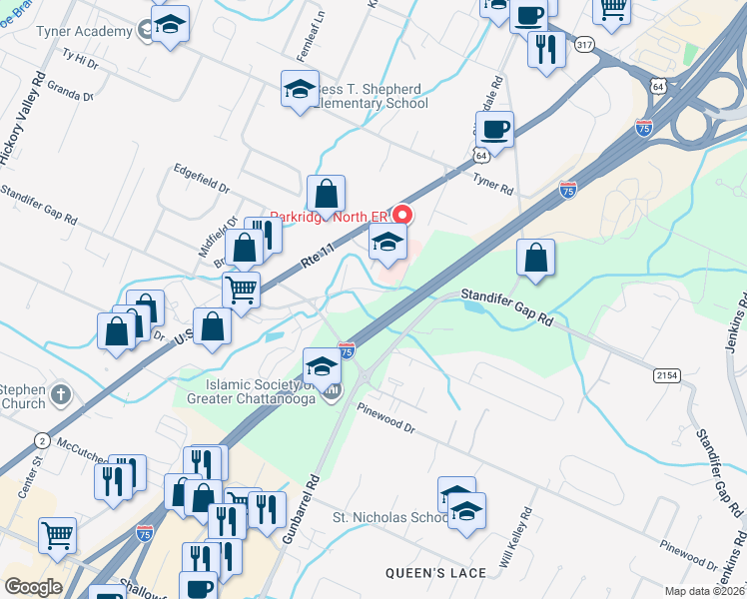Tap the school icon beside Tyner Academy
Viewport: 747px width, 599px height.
pyautogui.click(x=170, y=26)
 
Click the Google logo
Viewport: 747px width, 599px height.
pyautogui.click(x=33, y=587)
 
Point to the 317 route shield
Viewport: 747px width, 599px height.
pyautogui.click(x=584, y=44)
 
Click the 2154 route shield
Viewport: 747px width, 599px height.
pyautogui.click(x=668, y=374)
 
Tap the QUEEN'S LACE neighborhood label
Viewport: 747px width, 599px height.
pyautogui.click(x=435, y=573)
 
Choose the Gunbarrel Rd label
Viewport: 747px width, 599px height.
pyautogui.click(x=301, y=510)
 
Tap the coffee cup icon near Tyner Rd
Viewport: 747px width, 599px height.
pyautogui.click(x=494, y=129)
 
